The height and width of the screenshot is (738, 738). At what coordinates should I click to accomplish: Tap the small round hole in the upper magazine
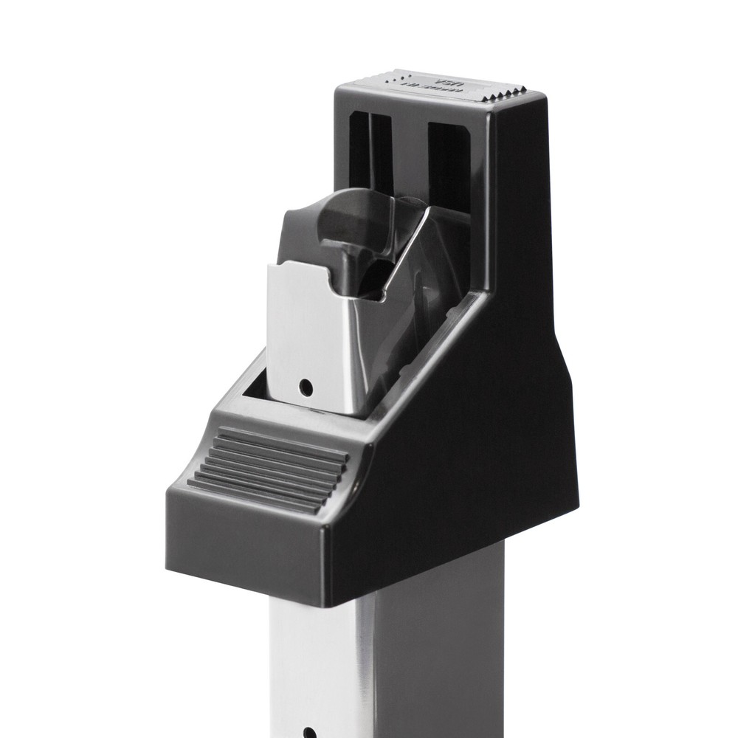pos(305,386)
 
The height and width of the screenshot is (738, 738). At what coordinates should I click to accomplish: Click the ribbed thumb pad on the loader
pos(269,469)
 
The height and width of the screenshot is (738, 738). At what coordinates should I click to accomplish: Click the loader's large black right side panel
pos(480,428)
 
